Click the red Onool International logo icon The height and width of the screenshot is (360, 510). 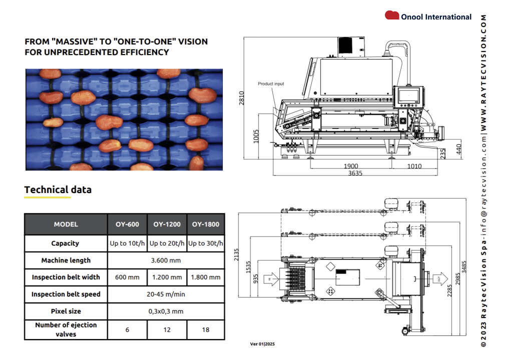[x=391, y=15]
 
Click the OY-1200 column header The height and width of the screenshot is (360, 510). [x=167, y=224]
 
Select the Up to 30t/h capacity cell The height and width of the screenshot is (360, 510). [x=206, y=243]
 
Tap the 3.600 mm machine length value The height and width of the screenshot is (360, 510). [x=166, y=260]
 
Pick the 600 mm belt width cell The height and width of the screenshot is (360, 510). [x=127, y=277]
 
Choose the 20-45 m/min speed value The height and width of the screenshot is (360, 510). [x=166, y=294]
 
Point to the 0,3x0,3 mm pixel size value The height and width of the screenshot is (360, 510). [x=166, y=311]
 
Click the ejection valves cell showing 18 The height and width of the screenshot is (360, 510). [x=206, y=330]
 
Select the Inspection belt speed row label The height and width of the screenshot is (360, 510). [x=66, y=294]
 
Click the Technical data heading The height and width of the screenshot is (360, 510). [x=58, y=189]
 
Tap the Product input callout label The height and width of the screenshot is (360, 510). [x=271, y=84]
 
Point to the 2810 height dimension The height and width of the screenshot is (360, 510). [x=241, y=98]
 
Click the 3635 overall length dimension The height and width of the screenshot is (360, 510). [x=355, y=173]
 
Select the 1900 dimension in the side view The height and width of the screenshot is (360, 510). [x=351, y=166]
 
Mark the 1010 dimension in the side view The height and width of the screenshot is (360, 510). [x=414, y=166]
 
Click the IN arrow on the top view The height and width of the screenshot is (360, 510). [x=271, y=279]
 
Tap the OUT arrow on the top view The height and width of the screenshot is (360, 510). [x=440, y=279]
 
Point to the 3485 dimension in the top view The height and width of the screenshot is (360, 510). [x=464, y=267]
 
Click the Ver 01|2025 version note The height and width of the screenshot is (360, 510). [x=262, y=344]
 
